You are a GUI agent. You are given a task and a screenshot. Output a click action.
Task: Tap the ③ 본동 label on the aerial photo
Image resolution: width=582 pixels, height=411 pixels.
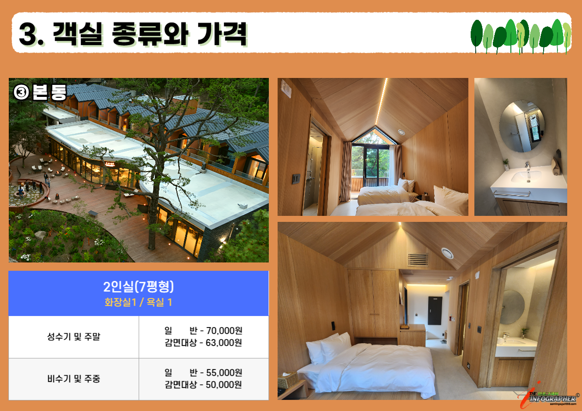[41, 92]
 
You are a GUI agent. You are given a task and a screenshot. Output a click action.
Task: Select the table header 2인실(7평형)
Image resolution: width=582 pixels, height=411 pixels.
[139, 287]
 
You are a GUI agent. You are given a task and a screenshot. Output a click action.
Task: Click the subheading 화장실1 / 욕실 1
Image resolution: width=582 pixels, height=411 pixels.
[139, 303]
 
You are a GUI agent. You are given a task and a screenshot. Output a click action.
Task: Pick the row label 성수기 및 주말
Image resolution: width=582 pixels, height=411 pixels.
[73, 337]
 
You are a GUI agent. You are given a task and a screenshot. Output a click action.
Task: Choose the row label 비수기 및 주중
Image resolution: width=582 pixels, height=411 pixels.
[73, 379]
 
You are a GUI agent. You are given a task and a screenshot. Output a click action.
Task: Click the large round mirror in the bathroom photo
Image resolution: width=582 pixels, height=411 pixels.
[522, 126]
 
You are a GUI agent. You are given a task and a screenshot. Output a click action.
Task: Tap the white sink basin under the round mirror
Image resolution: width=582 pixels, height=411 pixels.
[526, 176]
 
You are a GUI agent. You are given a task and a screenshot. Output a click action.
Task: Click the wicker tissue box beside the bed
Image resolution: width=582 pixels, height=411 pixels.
[288, 380]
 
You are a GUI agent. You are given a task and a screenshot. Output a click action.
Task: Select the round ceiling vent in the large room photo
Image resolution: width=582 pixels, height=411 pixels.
[447, 253]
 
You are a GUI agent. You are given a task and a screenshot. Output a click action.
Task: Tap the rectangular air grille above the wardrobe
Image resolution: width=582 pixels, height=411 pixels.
[418, 260]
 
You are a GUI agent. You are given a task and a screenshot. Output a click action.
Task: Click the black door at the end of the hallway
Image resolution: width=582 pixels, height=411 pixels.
[435, 311]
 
